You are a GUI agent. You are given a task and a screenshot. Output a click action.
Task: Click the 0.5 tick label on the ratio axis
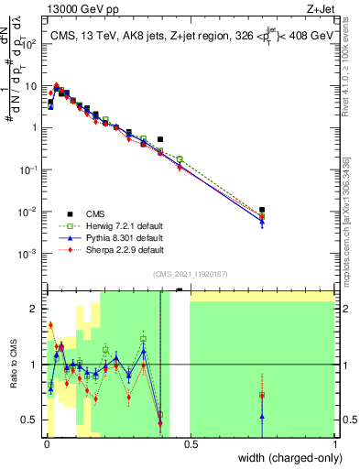tap(33, 420)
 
